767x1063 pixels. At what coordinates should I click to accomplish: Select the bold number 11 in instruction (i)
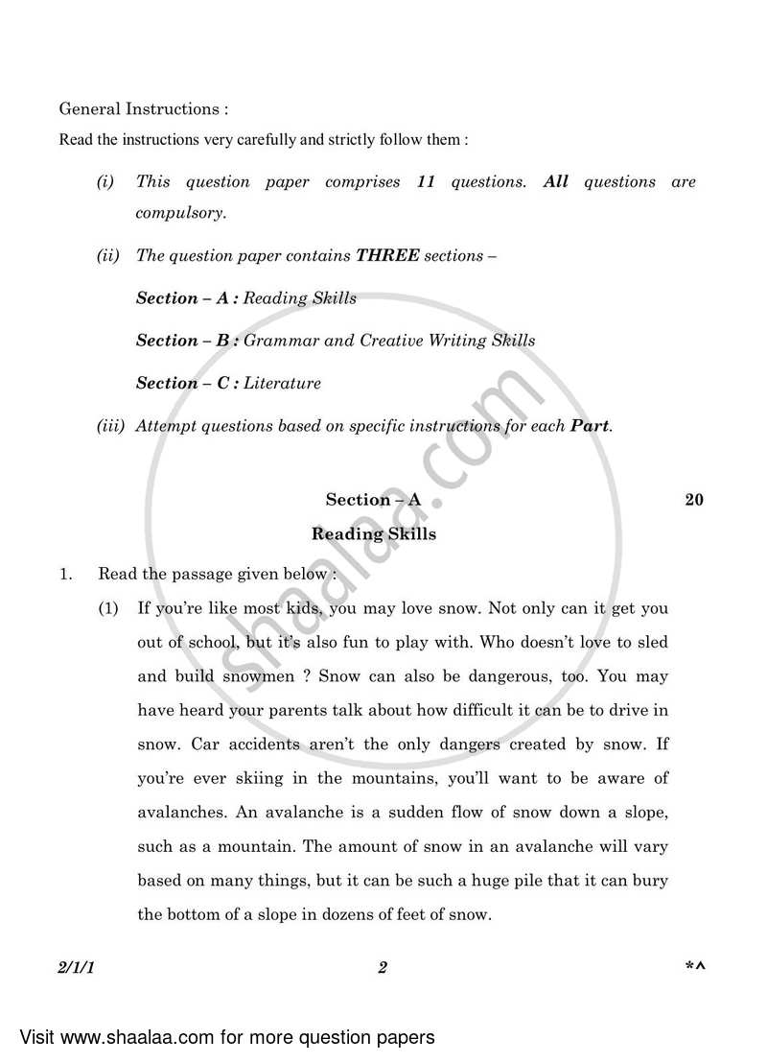click(x=426, y=182)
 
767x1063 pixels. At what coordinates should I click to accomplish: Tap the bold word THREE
click(x=387, y=256)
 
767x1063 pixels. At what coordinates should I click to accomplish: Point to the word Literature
click(x=282, y=383)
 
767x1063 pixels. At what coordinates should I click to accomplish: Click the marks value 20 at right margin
click(x=694, y=499)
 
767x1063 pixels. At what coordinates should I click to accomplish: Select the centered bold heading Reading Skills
click(x=374, y=534)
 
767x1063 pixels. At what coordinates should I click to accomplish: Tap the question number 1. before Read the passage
click(x=66, y=575)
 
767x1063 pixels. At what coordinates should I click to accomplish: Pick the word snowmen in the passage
click(x=264, y=675)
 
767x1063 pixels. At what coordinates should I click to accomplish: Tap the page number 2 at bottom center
click(x=382, y=968)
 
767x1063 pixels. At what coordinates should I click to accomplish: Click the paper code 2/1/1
click(x=77, y=968)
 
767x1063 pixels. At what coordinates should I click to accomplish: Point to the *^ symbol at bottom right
click(x=694, y=968)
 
